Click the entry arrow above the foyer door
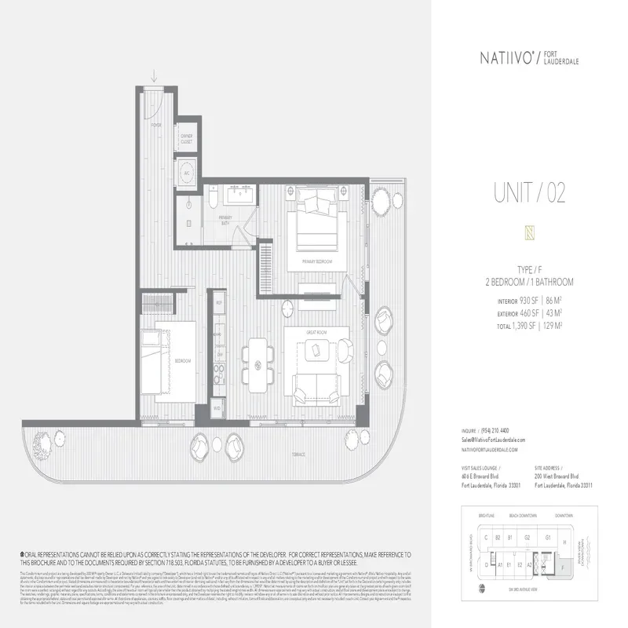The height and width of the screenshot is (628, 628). coord(155,75)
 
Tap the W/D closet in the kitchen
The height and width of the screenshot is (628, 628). coord(217,408)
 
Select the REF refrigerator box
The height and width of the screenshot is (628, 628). coord(220,302)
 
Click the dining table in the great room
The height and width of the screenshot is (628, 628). coord(259,363)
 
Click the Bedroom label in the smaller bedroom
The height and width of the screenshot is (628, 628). coord(182,360)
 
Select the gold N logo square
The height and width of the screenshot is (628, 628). coord(517,232)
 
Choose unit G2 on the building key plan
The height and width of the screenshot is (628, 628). coord(528,538)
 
